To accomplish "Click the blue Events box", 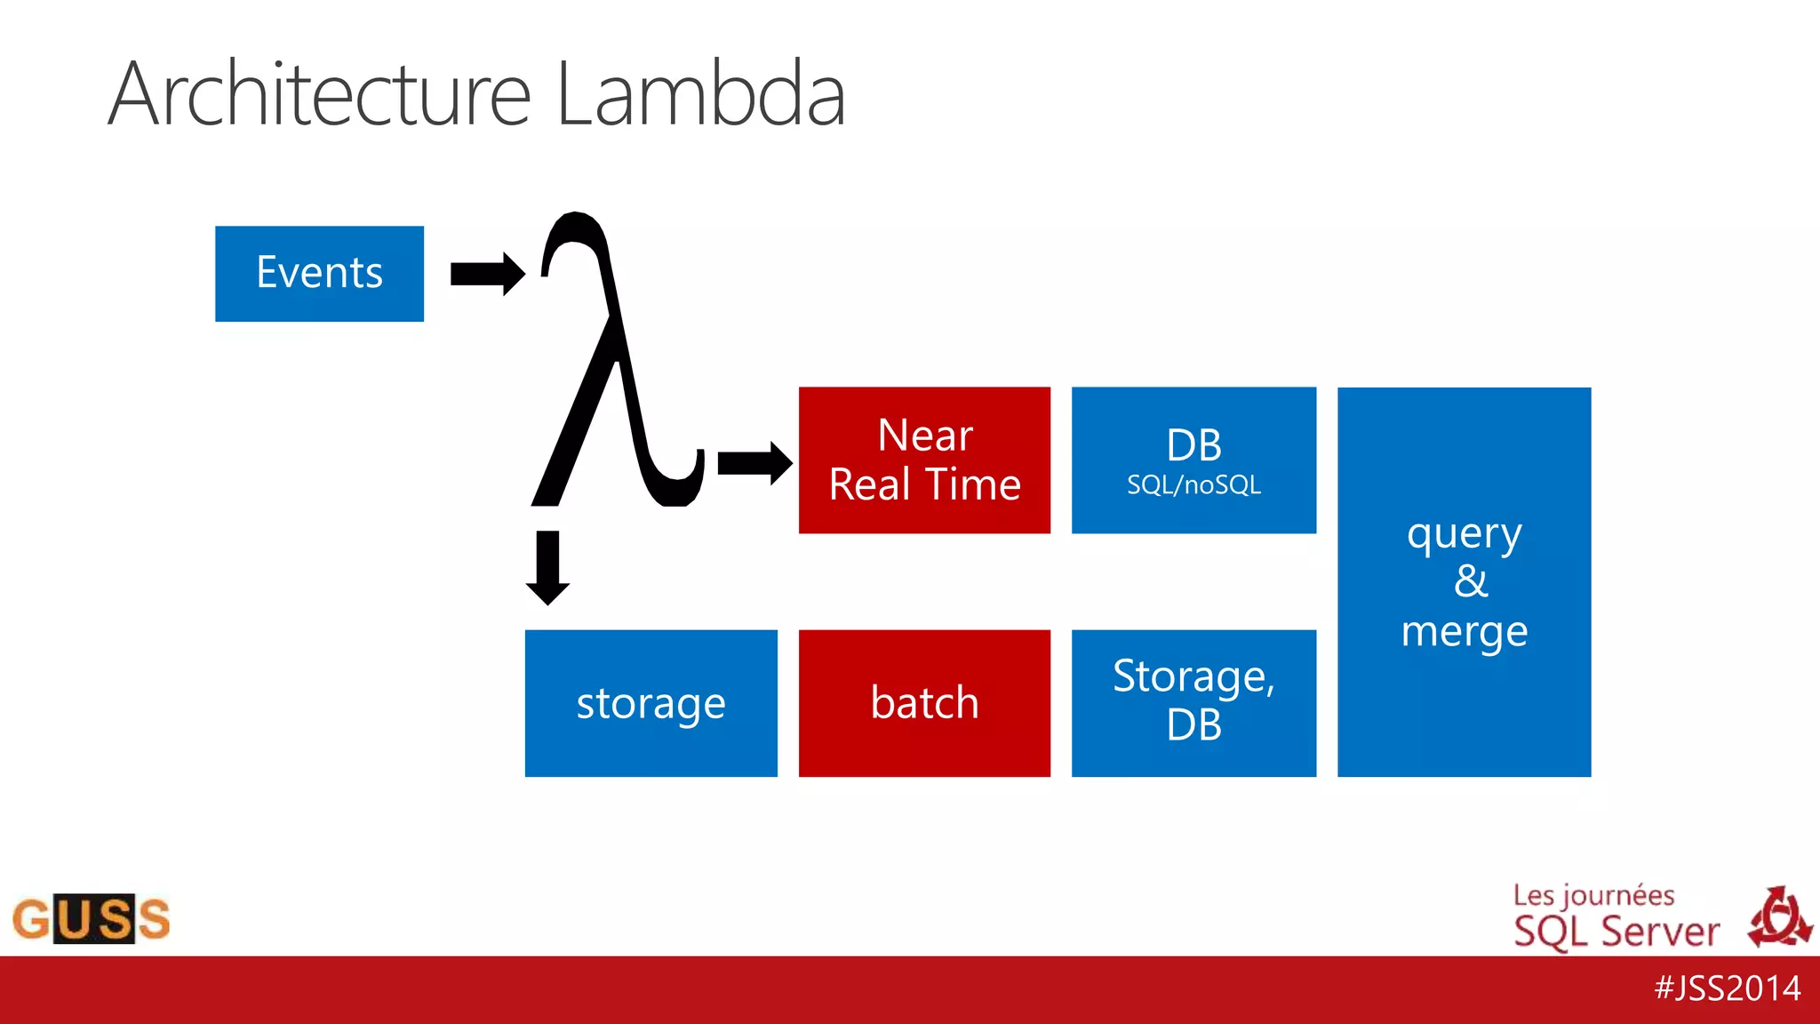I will [319, 274].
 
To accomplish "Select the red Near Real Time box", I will [924, 460].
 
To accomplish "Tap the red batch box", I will [924, 703].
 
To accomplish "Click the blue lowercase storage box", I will [651, 703].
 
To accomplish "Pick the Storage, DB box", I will [1193, 703].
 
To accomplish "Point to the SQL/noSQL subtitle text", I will [1193, 485].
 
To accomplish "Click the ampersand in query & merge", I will [1470, 582].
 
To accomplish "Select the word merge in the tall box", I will [1464, 631].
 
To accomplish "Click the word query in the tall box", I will [1464, 535].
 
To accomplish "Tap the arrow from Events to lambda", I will [487, 274].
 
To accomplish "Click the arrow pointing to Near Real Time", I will [754, 463].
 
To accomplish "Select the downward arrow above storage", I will [547, 567].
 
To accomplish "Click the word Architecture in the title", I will [320, 94].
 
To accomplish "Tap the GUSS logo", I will [91, 918].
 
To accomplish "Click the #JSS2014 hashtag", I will [1727, 988].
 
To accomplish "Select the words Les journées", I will [1593, 896].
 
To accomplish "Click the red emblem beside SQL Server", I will [1779, 918].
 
